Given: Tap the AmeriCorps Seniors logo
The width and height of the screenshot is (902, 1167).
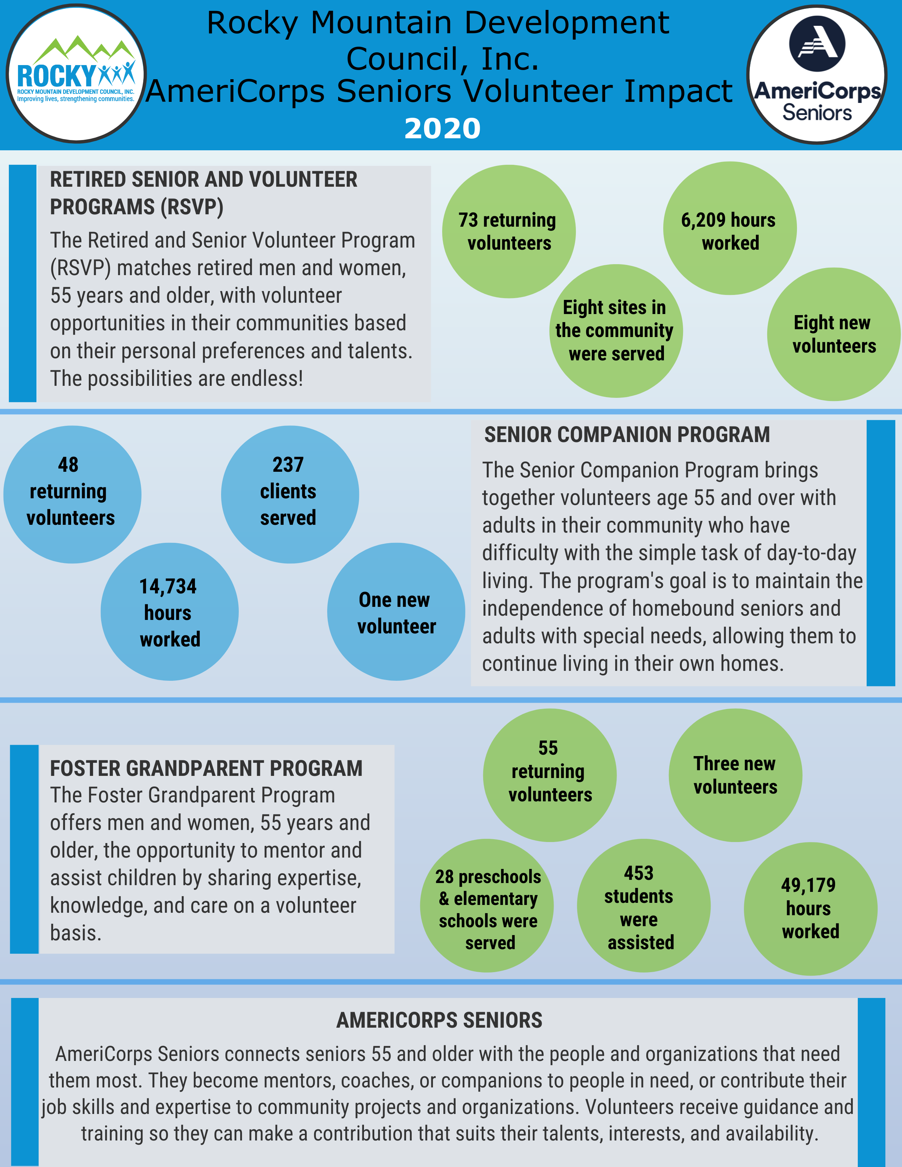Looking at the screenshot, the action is click(817, 74).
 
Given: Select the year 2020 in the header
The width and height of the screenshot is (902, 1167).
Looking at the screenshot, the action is click(443, 129).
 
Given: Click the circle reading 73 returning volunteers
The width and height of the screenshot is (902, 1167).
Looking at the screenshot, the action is click(509, 231).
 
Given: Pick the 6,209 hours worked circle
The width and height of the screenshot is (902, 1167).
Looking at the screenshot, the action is click(730, 228).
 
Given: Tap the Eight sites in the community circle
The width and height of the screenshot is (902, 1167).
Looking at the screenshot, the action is click(616, 331).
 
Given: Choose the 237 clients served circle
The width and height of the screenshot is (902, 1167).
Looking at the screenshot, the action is click(290, 494).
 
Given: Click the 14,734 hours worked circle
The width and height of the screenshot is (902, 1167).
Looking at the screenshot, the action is click(170, 612).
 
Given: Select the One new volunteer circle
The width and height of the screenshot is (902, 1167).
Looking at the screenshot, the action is click(396, 612).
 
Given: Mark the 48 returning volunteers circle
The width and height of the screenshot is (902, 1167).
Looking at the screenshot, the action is click(72, 494).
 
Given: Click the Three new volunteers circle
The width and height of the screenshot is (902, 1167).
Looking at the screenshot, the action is click(735, 775).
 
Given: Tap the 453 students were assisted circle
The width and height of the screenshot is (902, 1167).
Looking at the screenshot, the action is click(643, 906).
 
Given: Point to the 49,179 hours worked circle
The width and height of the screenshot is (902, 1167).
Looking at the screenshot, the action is click(811, 909).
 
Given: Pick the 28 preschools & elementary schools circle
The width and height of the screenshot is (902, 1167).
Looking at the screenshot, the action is click(487, 906).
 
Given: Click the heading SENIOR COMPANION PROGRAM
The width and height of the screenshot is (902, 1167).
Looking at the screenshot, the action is click(627, 435).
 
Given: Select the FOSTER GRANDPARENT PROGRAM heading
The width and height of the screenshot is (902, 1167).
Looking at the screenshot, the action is click(206, 768).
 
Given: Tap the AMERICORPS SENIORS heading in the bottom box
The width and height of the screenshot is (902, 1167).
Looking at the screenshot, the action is click(439, 1021).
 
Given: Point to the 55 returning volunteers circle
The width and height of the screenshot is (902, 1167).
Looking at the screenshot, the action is click(550, 775).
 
